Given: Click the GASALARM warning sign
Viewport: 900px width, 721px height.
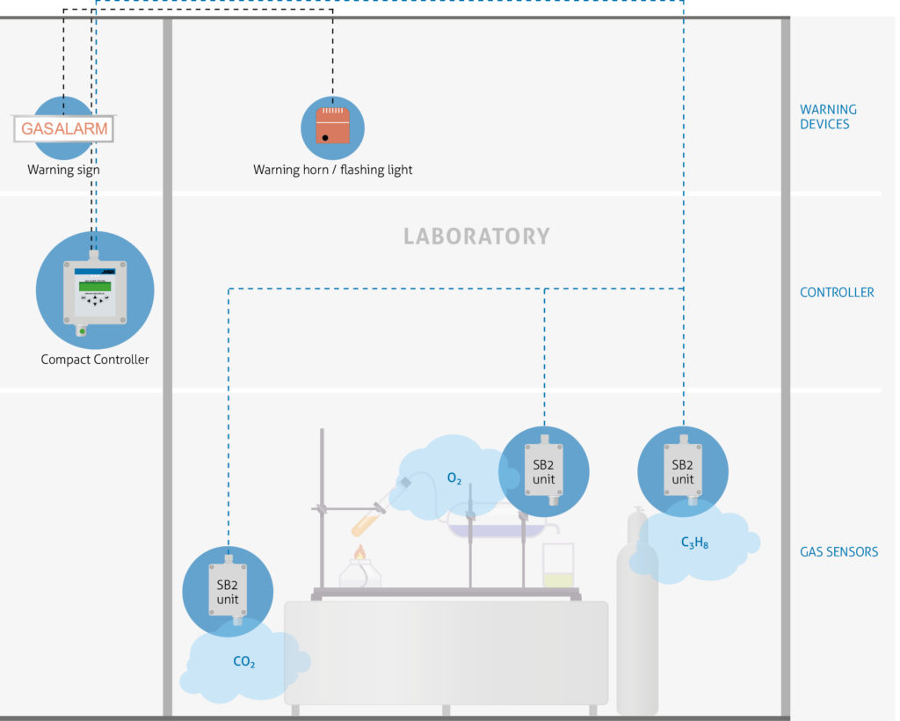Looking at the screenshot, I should tap(64, 128).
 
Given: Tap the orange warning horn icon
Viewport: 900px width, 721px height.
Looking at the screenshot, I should tap(333, 124).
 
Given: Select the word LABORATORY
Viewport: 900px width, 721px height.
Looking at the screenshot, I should tap(476, 237).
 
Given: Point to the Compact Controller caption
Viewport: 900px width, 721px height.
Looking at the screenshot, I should tap(95, 360).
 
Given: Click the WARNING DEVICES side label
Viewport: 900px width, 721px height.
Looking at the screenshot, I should tap(827, 117).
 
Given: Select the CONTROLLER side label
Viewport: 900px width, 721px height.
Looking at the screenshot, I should tap(837, 293).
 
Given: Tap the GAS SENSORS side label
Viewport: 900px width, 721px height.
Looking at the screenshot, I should tap(838, 552).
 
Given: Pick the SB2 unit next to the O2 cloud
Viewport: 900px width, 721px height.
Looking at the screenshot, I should tap(543, 471).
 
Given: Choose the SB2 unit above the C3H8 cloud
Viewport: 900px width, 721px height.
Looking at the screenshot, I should tap(683, 471).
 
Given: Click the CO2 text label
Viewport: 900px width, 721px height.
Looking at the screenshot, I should tap(243, 662).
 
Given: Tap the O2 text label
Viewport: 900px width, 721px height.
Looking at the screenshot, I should tap(454, 479).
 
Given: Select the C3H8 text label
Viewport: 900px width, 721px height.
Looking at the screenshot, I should tap(694, 543).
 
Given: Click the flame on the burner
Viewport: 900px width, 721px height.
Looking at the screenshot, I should tap(359, 553).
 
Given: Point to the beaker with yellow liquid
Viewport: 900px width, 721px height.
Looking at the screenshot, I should tap(557, 567).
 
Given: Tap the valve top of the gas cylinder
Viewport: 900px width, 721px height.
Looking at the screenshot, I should tap(637, 513).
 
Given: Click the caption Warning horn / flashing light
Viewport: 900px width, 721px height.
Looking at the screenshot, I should tap(332, 170).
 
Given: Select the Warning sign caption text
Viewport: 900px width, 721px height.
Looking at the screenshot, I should tap(63, 170).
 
